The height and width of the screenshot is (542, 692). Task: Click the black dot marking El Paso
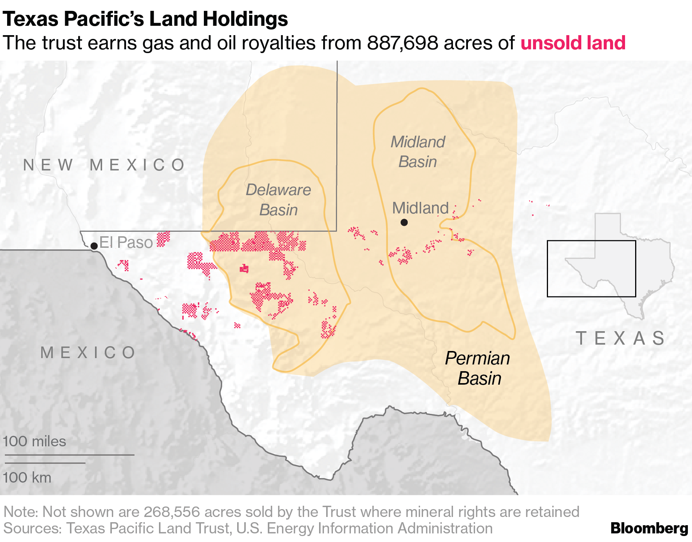click(x=94, y=246)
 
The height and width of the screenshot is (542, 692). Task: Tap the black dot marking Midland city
click(x=404, y=222)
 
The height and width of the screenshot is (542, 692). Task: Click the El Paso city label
click(x=126, y=243)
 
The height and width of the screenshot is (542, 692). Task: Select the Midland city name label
click(x=420, y=208)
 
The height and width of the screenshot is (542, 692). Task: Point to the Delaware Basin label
click(x=278, y=200)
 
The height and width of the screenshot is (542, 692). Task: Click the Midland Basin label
click(x=418, y=152)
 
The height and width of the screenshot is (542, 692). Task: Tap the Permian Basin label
click(x=478, y=369)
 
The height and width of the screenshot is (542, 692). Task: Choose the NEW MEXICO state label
click(x=104, y=165)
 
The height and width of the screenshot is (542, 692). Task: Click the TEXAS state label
click(x=620, y=338)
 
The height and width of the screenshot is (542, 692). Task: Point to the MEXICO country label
click(x=88, y=352)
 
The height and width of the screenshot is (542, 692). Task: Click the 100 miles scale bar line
click(x=70, y=455)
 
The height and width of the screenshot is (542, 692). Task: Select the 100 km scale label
click(x=27, y=477)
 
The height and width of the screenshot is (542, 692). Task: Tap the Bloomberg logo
click(x=649, y=528)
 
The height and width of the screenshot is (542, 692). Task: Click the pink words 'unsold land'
click(x=573, y=43)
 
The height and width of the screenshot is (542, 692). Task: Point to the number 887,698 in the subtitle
click(x=402, y=43)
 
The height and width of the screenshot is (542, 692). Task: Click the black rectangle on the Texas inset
click(x=591, y=269)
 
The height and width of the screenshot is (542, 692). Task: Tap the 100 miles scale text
click(x=34, y=441)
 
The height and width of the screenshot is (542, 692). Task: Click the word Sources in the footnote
click(x=32, y=528)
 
